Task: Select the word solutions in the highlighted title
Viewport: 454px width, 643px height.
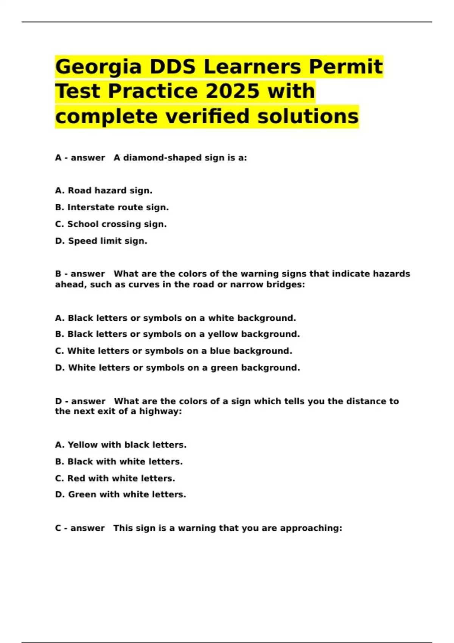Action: [308, 116]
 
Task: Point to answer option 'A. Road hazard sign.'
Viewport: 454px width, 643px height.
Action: [104, 191]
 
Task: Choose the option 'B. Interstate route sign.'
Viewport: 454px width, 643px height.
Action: [112, 207]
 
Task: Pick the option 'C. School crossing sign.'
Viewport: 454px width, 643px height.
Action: [111, 224]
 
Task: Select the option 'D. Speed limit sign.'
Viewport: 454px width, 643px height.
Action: [101, 241]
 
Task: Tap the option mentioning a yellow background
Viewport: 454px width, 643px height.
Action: [177, 334]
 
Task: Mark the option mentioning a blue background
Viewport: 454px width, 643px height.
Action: [173, 351]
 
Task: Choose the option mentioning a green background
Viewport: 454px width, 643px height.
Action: [177, 368]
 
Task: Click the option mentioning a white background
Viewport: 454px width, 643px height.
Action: [175, 318]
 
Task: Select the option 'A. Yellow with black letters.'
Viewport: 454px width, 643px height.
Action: [121, 445]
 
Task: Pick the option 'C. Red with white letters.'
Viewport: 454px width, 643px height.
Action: [115, 478]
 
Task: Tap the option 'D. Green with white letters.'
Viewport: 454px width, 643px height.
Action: [120, 495]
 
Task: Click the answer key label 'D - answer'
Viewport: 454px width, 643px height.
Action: [80, 401]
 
